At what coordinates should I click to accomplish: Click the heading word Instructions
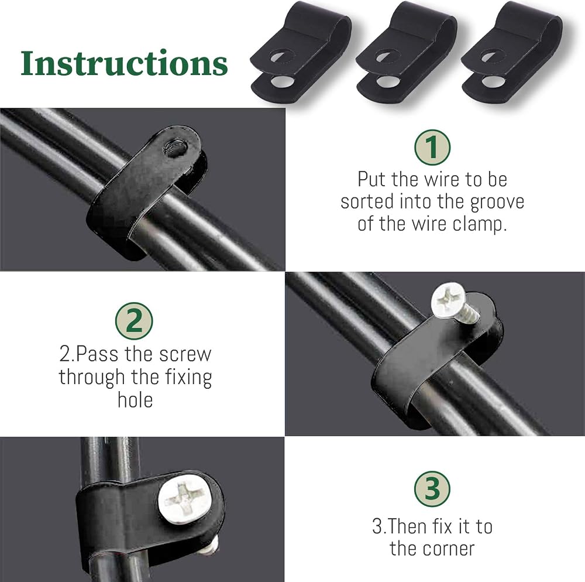124,63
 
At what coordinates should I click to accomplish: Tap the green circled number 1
432,147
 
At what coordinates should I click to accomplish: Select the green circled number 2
134,321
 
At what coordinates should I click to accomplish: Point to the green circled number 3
432,489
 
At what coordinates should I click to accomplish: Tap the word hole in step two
135,400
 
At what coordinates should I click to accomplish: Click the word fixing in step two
188,378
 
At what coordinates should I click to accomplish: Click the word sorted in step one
367,201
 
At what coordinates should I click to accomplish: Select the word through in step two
92,378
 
